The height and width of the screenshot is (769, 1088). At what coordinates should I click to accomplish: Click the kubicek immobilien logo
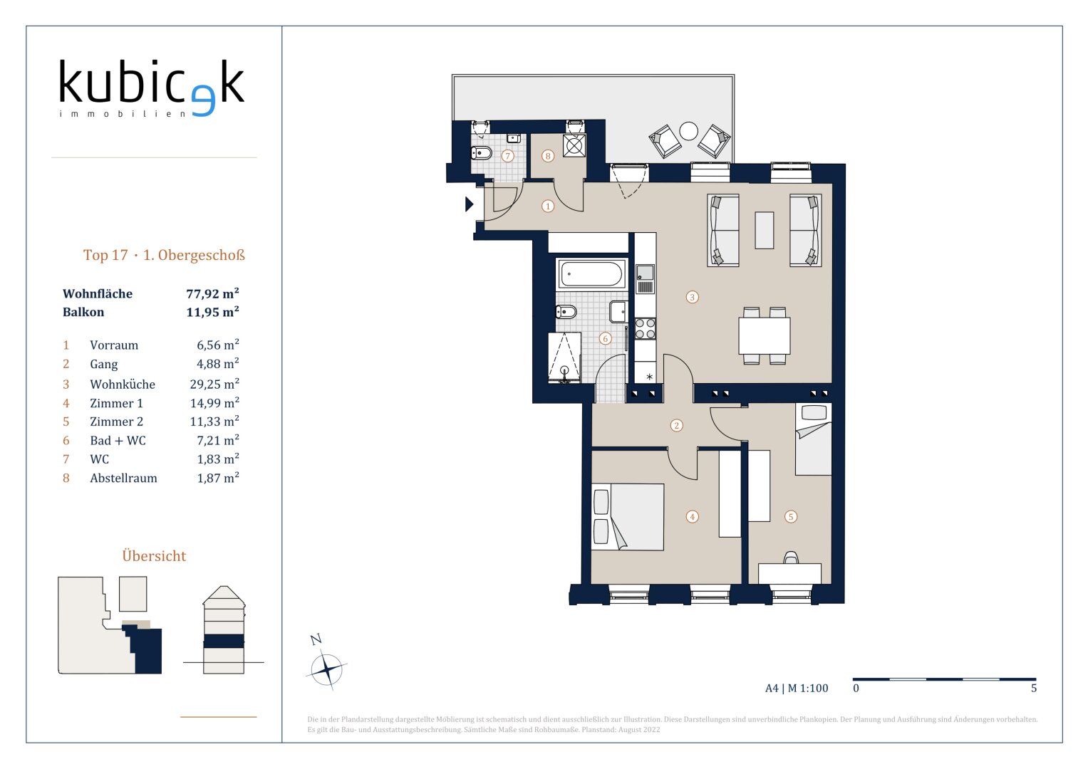click(152, 88)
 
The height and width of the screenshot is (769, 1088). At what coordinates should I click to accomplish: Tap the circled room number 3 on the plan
click(692, 297)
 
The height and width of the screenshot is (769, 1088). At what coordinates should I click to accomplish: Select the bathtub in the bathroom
click(591, 274)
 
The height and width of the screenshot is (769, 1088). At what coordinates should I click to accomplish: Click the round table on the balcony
click(689, 131)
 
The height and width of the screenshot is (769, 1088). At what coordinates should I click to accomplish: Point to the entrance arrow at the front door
click(470, 204)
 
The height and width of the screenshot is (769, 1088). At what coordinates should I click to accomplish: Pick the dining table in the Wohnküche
click(765, 335)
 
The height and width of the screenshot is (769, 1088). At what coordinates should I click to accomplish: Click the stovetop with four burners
click(646, 328)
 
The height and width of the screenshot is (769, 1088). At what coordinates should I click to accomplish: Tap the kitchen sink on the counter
click(645, 279)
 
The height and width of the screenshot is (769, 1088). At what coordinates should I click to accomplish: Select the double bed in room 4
click(628, 516)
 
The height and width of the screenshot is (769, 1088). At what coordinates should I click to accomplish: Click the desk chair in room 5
click(791, 558)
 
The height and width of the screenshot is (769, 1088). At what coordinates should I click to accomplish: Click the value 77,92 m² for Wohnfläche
click(213, 293)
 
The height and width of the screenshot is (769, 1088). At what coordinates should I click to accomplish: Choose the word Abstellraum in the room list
click(123, 478)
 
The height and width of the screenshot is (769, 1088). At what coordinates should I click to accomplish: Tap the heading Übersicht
click(154, 556)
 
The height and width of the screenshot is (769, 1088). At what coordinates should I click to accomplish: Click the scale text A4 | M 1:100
click(797, 688)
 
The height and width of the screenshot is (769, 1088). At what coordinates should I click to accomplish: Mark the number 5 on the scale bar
click(1034, 688)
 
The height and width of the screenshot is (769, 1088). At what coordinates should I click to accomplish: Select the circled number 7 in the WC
click(507, 156)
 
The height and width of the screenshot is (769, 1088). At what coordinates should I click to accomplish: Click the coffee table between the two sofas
click(764, 230)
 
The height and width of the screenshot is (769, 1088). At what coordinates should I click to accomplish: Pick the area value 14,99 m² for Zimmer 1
click(214, 403)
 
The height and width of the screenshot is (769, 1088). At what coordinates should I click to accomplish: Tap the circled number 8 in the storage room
click(548, 156)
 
